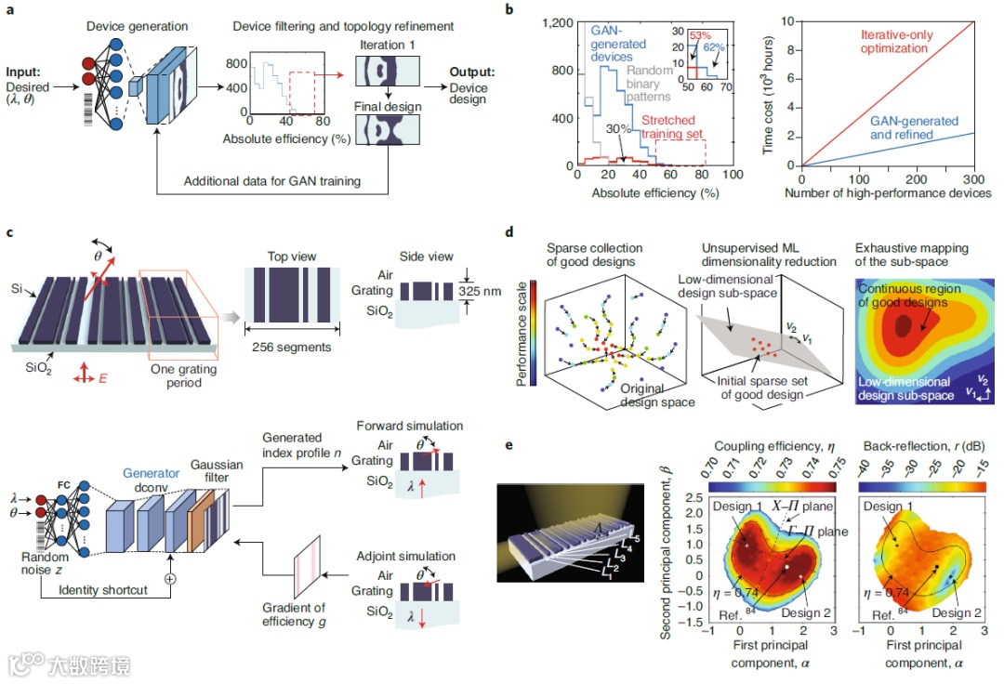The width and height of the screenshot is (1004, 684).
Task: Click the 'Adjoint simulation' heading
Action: click(x=407, y=557)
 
